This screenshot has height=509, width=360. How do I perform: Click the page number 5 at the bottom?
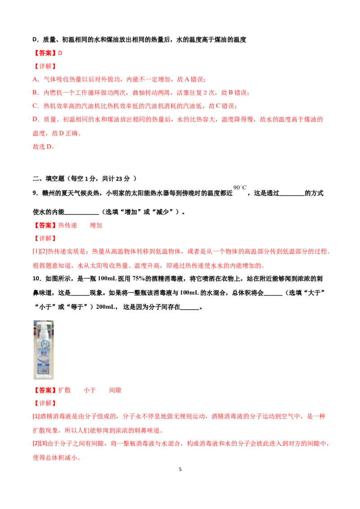180,469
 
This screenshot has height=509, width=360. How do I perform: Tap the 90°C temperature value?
240,188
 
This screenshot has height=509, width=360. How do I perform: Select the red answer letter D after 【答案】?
60,53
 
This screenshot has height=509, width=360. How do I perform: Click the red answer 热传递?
67,225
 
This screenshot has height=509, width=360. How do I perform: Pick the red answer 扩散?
64,390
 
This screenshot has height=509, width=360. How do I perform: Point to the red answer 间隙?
115,390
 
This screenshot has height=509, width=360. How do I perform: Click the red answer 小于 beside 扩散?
90,390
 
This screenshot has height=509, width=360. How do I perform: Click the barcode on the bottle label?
43,370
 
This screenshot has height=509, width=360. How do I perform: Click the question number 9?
35,193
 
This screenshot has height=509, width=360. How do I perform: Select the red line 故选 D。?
44,147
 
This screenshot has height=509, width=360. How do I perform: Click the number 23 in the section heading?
119,179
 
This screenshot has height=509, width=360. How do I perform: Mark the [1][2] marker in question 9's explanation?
40,252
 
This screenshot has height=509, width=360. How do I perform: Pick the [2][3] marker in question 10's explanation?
40,443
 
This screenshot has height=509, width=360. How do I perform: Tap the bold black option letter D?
35,40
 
